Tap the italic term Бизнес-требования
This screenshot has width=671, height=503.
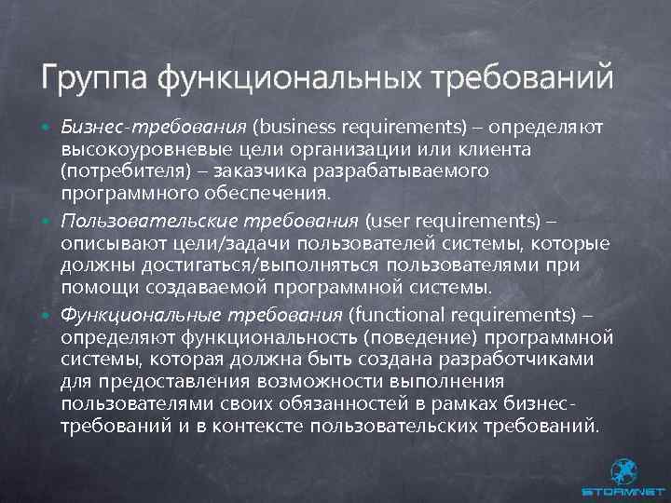(154, 125)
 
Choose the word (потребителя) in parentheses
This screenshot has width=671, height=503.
(116, 171)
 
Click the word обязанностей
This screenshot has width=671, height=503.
(364, 403)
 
